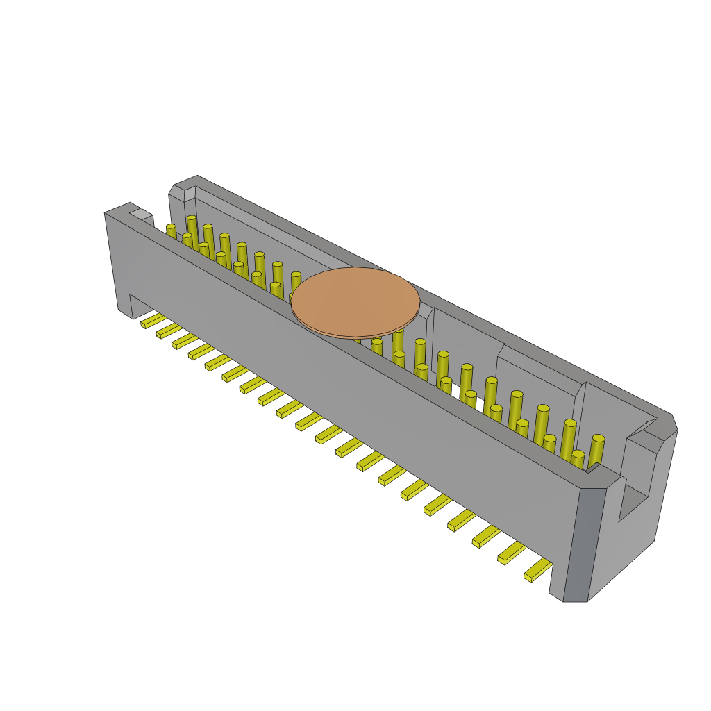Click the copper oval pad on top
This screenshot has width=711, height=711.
tap(355, 302)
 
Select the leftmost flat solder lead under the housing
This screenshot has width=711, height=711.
tap(153, 321)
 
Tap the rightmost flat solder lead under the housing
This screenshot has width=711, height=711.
tap(537, 571)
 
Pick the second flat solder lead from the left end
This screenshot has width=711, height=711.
tap(169, 331)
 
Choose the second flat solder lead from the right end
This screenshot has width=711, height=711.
tap(511, 553)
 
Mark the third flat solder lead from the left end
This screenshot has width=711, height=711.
tap(185, 340)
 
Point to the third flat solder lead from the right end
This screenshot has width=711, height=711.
tap(486, 537)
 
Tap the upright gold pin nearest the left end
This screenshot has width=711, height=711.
tap(171, 231)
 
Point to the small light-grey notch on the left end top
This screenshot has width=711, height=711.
tap(141, 215)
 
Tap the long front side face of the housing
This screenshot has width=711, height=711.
tap(347, 389)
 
